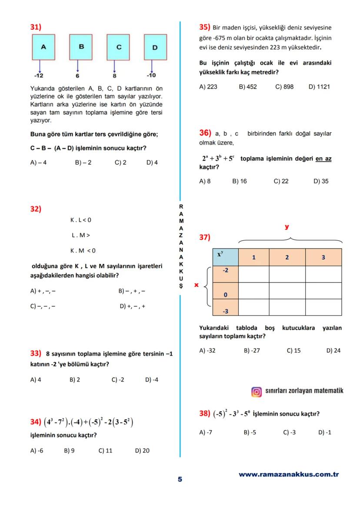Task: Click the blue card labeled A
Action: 43,47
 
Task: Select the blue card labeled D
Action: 155,47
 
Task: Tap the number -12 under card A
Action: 39,76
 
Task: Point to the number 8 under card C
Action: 114,76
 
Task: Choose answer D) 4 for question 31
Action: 152,163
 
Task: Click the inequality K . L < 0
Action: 81,220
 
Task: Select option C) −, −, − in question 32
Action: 43,306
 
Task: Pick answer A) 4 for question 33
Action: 36,379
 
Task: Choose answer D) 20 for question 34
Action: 142,451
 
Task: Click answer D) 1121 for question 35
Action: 319,86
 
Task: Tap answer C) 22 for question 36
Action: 281,181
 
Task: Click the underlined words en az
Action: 323,159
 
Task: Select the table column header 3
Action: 323,257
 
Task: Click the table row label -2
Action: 225,270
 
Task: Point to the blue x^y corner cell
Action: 225,256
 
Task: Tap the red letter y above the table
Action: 287,227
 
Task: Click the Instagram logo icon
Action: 257,392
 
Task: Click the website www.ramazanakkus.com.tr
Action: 289,475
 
